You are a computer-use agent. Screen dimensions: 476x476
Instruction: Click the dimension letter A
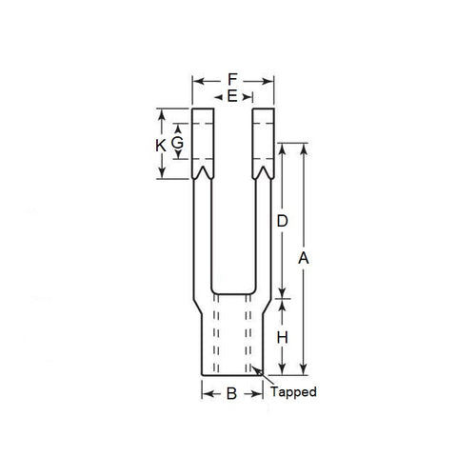click(x=304, y=259)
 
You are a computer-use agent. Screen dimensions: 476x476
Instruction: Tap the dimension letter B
click(x=230, y=393)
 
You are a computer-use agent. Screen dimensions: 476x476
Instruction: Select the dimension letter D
click(x=283, y=221)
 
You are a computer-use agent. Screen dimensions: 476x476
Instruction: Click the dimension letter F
click(x=233, y=80)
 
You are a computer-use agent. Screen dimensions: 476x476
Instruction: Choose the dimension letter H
click(x=283, y=338)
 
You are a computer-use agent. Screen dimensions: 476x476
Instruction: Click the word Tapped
click(x=293, y=391)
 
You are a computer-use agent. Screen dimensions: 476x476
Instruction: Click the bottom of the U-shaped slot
click(x=233, y=292)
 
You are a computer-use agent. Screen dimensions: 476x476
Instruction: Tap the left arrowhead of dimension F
click(x=196, y=80)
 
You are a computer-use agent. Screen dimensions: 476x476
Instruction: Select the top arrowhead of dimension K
click(x=161, y=113)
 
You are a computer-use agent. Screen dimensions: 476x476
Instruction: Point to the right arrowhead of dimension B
click(x=261, y=393)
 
